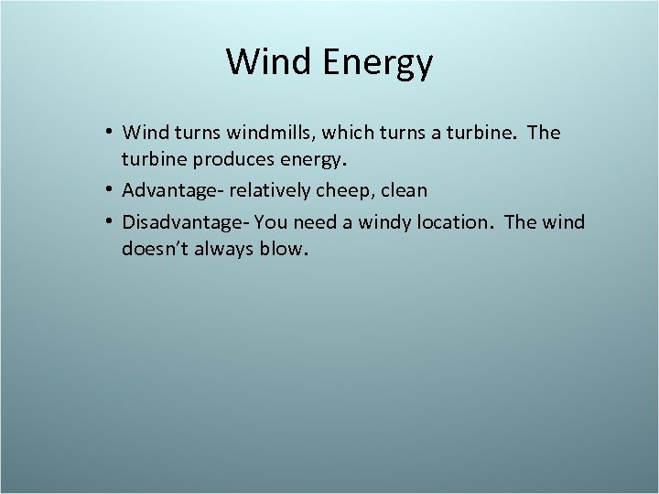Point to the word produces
(x=234, y=162)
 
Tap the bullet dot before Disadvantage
(x=109, y=221)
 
